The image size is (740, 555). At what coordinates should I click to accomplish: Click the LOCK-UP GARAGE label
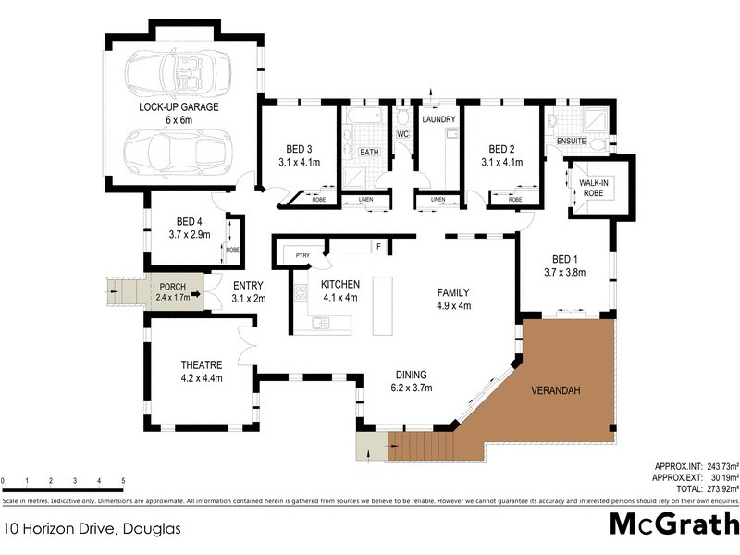179,107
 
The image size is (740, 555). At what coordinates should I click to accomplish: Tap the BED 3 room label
298,149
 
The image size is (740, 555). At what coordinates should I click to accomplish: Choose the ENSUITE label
572,141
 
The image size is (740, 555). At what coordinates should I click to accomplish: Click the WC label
402,135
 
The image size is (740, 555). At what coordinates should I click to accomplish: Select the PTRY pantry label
302,255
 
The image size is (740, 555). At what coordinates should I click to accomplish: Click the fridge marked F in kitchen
376,246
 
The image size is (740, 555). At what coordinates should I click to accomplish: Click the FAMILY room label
453,292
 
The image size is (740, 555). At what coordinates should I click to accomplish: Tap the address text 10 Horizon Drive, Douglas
90,530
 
